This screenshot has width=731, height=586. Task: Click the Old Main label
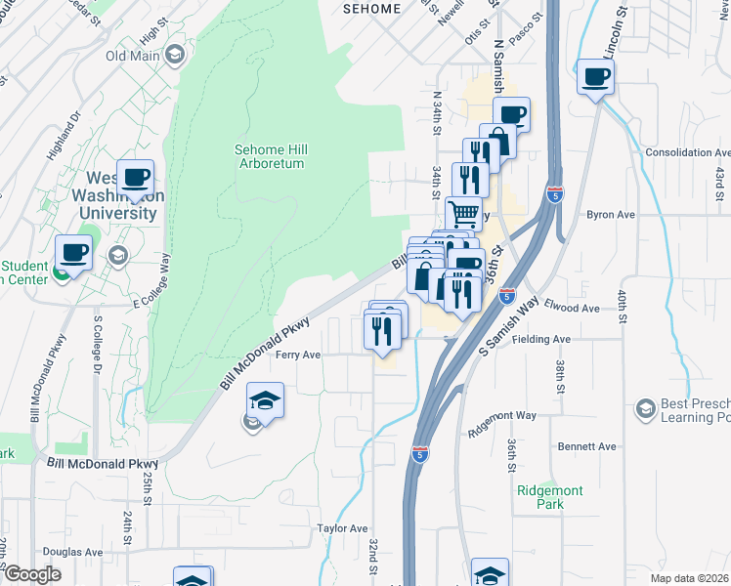[132, 55]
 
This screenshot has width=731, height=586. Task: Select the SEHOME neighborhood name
[371, 9]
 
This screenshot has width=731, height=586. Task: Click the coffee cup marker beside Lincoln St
[595, 76]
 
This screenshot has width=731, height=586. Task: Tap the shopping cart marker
[464, 212]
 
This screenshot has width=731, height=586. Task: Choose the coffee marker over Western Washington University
[135, 178]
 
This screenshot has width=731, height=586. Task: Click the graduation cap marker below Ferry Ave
[264, 400]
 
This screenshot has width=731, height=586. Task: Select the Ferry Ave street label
[298, 355]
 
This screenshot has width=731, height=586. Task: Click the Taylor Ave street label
[341, 527]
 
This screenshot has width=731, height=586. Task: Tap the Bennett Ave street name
[586, 446]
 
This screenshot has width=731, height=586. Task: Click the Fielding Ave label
[545, 339]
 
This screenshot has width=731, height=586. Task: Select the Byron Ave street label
[611, 214]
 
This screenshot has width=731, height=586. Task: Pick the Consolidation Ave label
[687, 153]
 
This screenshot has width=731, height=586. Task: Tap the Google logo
[31, 574]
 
